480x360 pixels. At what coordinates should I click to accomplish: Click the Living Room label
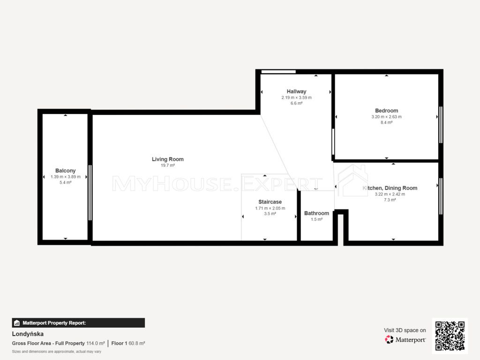(x=168, y=159)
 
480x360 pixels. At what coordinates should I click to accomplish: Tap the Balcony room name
(x=66, y=171)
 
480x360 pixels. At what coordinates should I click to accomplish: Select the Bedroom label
(x=387, y=111)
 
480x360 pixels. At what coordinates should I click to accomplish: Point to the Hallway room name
(x=296, y=91)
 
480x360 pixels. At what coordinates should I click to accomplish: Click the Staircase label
(x=270, y=202)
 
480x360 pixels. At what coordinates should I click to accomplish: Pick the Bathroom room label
(x=316, y=213)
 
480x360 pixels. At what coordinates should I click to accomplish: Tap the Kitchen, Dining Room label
(x=390, y=188)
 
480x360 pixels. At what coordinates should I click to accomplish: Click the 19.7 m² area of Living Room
(x=168, y=165)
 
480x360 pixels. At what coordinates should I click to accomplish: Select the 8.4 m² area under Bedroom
(x=387, y=122)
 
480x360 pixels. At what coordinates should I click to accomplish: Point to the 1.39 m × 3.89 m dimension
(x=66, y=177)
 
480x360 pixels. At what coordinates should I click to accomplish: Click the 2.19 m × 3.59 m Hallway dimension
(x=297, y=97)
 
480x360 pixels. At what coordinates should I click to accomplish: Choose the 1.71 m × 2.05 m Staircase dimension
(x=270, y=208)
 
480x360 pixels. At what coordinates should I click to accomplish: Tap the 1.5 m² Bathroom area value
(x=316, y=219)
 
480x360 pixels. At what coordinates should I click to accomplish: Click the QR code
(x=450, y=336)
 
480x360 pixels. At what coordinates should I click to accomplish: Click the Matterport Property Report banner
(x=78, y=323)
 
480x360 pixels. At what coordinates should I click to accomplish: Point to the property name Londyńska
(x=28, y=334)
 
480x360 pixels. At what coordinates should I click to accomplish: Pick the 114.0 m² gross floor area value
(x=96, y=344)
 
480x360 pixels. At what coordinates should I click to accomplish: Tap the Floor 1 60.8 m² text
(x=128, y=344)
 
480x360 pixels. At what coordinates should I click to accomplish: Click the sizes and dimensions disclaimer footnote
(x=57, y=352)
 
